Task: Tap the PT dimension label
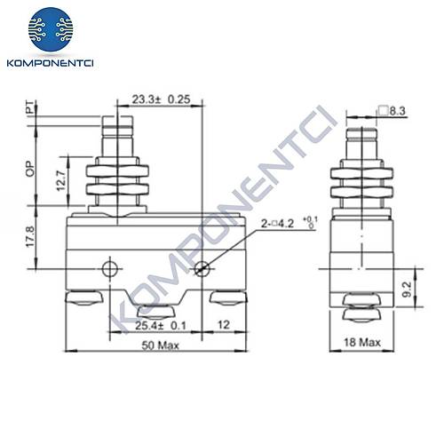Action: click(29, 108)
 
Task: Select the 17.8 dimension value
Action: click(30, 237)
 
